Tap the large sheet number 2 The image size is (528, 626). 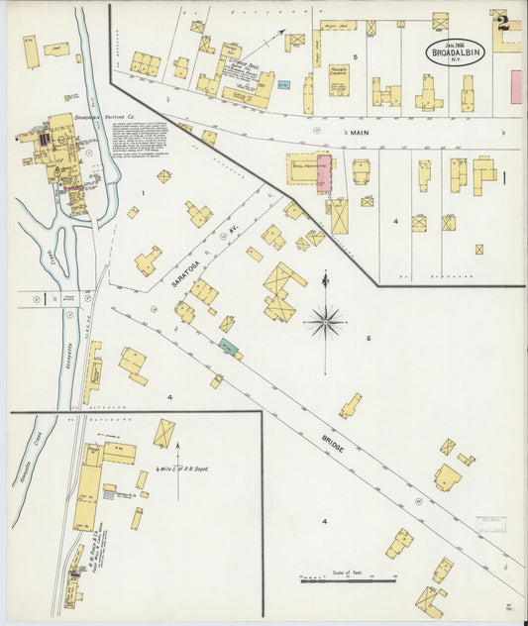pyautogui.click(x=503, y=22)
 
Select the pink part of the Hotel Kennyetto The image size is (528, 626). pyautogui.click(x=324, y=173)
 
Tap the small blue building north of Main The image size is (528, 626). pyautogui.click(x=284, y=87)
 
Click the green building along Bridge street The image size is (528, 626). pyautogui.click(x=229, y=347)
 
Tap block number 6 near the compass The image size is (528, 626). pyautogui.click(x=368, y=339)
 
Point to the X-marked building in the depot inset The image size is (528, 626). pyautogui.click(x=163, y=433)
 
